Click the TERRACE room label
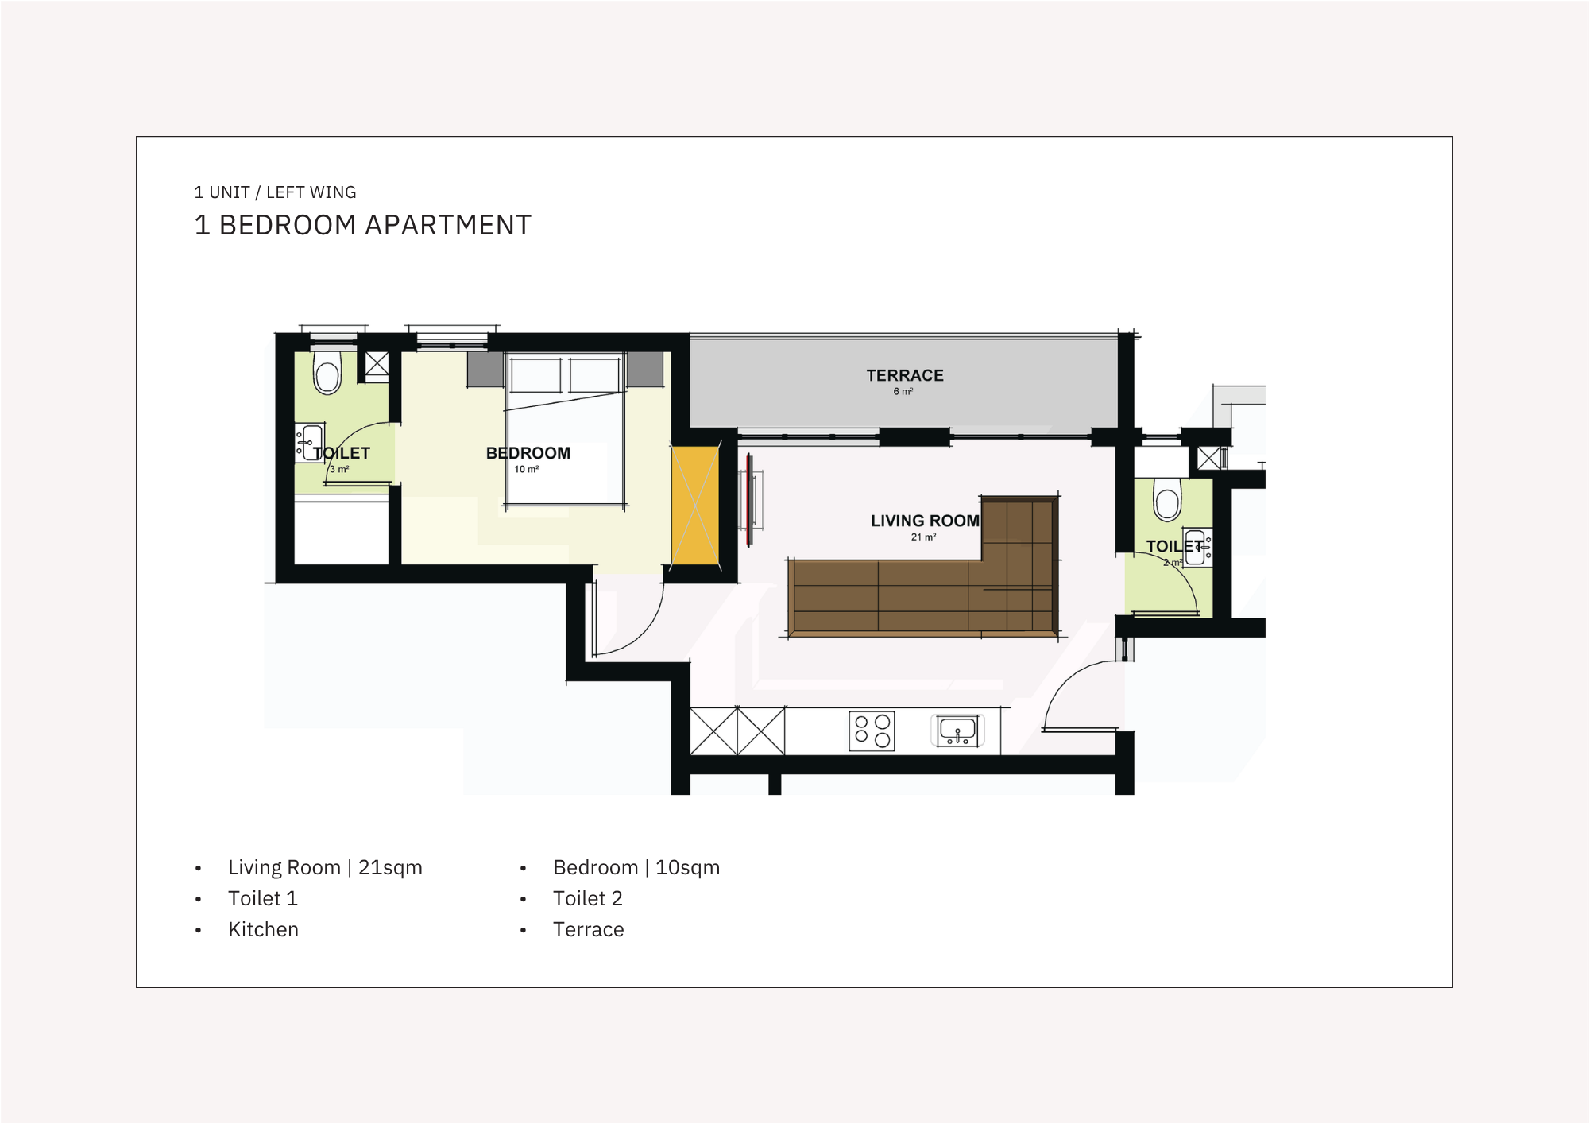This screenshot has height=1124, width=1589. [x=905, y=375]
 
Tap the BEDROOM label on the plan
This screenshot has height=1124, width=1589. [x=528, y=453]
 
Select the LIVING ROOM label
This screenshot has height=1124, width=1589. [x=925, y=521]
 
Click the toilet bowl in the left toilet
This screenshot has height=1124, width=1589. [x=327, y=373]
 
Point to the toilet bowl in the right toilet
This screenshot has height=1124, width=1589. [x=1167, y=500]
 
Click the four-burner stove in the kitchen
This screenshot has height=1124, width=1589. [x=872, y=731]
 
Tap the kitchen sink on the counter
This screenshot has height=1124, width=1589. [x=957, y=731]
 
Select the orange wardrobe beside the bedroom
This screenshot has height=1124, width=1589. [x=695, y=507]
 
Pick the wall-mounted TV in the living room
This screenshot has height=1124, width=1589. [x=749, y=499]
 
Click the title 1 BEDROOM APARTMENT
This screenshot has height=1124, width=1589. [x=363, y=225]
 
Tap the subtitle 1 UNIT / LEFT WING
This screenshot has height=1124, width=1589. [x=275, y=192]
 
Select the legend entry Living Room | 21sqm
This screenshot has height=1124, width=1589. [x=325, y=867]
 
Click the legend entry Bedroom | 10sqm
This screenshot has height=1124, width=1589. [x=636, y=867]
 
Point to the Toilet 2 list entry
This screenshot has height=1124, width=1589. [x=588, y=898]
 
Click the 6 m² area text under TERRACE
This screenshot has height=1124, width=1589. [x=903, y=391]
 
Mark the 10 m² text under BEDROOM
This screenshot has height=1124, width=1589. [x=527, y=469]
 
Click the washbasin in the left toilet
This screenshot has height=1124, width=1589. [x=311, y=442]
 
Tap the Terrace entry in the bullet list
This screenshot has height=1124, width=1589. [x=589, y=929]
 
